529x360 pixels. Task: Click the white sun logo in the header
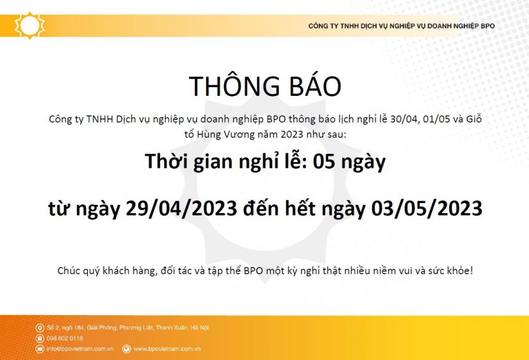coord(30,26)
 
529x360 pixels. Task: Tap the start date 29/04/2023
coord(181,208)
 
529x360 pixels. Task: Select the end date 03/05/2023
coord(427,208)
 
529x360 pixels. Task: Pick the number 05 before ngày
coord(324,161)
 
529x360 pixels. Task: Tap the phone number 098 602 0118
coord(65,338)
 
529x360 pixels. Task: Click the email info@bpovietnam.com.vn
coord(80,349)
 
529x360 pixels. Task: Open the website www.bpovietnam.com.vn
coord(167,349)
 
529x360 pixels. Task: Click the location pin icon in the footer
coord(40,328)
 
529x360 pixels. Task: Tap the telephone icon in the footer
coord(40,338)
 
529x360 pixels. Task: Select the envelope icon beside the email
coord(40,349)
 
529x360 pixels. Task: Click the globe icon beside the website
coord(126,349)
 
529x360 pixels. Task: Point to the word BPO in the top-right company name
coord(488,26)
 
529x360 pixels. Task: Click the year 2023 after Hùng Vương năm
coord(291,135)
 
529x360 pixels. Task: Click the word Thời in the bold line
coord(164,161)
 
